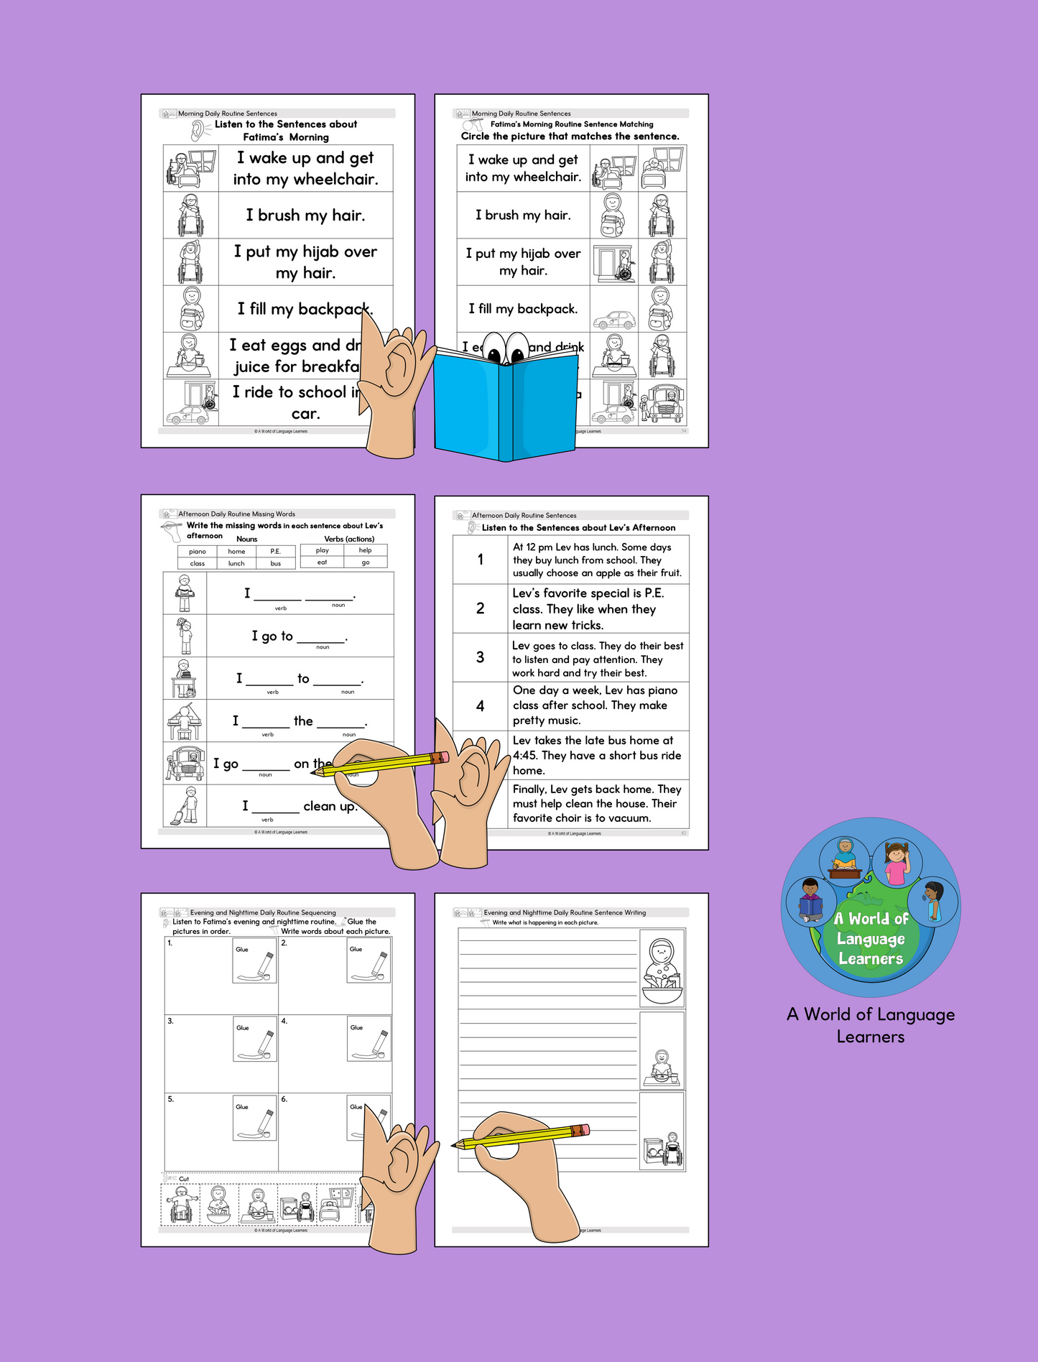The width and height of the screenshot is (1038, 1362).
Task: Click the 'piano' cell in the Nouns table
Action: tap(198, 552)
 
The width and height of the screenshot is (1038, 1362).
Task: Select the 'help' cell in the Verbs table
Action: tap(365, 550)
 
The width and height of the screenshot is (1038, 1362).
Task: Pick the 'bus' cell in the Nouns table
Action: tap(276, 564)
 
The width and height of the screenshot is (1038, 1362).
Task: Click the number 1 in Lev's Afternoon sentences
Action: tap(480, 560)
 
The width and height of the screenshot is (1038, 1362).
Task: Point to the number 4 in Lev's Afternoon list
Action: tap(480, 706)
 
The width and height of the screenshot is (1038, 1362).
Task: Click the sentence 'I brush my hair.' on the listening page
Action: tap(305, 216)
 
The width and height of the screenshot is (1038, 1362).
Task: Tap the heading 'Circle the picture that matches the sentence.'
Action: tap(570, 136)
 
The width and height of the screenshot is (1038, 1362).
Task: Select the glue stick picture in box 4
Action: tap(369, 1039)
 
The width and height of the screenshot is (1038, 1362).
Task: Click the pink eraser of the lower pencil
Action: tap(585, 1130)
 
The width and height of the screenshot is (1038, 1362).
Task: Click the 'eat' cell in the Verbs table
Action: tap(322, 562)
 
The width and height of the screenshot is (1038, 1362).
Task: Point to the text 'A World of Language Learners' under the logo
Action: tap(871, 1025)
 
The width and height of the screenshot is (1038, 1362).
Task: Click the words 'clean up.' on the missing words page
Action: tap(330, 806)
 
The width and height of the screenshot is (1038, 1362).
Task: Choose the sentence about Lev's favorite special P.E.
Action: tap(588, 609)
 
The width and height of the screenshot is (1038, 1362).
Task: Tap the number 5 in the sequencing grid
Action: tap(170, 1099)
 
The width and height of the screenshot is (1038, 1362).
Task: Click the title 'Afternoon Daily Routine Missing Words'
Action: tap(236, 514)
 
